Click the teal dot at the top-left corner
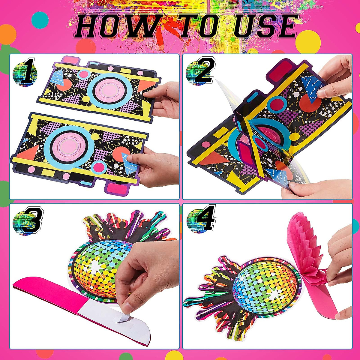(40, 20)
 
